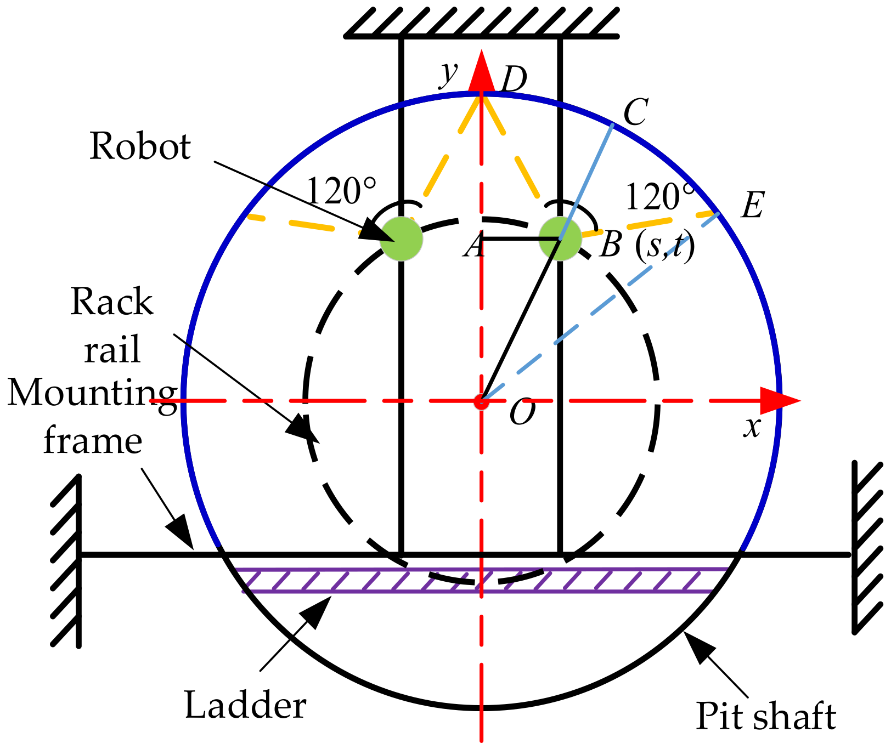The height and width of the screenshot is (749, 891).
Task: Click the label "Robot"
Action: point(140,146)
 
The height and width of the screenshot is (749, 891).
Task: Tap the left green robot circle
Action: point(402,238)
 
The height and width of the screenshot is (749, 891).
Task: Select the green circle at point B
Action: point(560,239)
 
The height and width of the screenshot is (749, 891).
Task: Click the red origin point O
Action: point(481,402)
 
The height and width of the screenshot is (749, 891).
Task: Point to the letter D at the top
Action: point(514,80)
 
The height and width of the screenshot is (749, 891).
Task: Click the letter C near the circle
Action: point(636,112)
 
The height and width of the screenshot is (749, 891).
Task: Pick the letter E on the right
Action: point(752,206)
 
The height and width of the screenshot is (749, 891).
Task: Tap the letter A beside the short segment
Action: point(475,245)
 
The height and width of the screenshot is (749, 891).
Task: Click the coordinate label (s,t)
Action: point(664,245)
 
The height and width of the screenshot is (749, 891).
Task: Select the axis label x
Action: point(753,426)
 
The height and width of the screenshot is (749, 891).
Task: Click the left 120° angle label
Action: point(341,191)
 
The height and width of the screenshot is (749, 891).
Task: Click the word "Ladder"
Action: point(245,705)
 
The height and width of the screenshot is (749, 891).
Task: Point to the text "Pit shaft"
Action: point(766,716)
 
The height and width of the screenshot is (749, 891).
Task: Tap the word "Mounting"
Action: point(92,394)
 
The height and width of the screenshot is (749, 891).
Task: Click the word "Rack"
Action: point(112,302)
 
